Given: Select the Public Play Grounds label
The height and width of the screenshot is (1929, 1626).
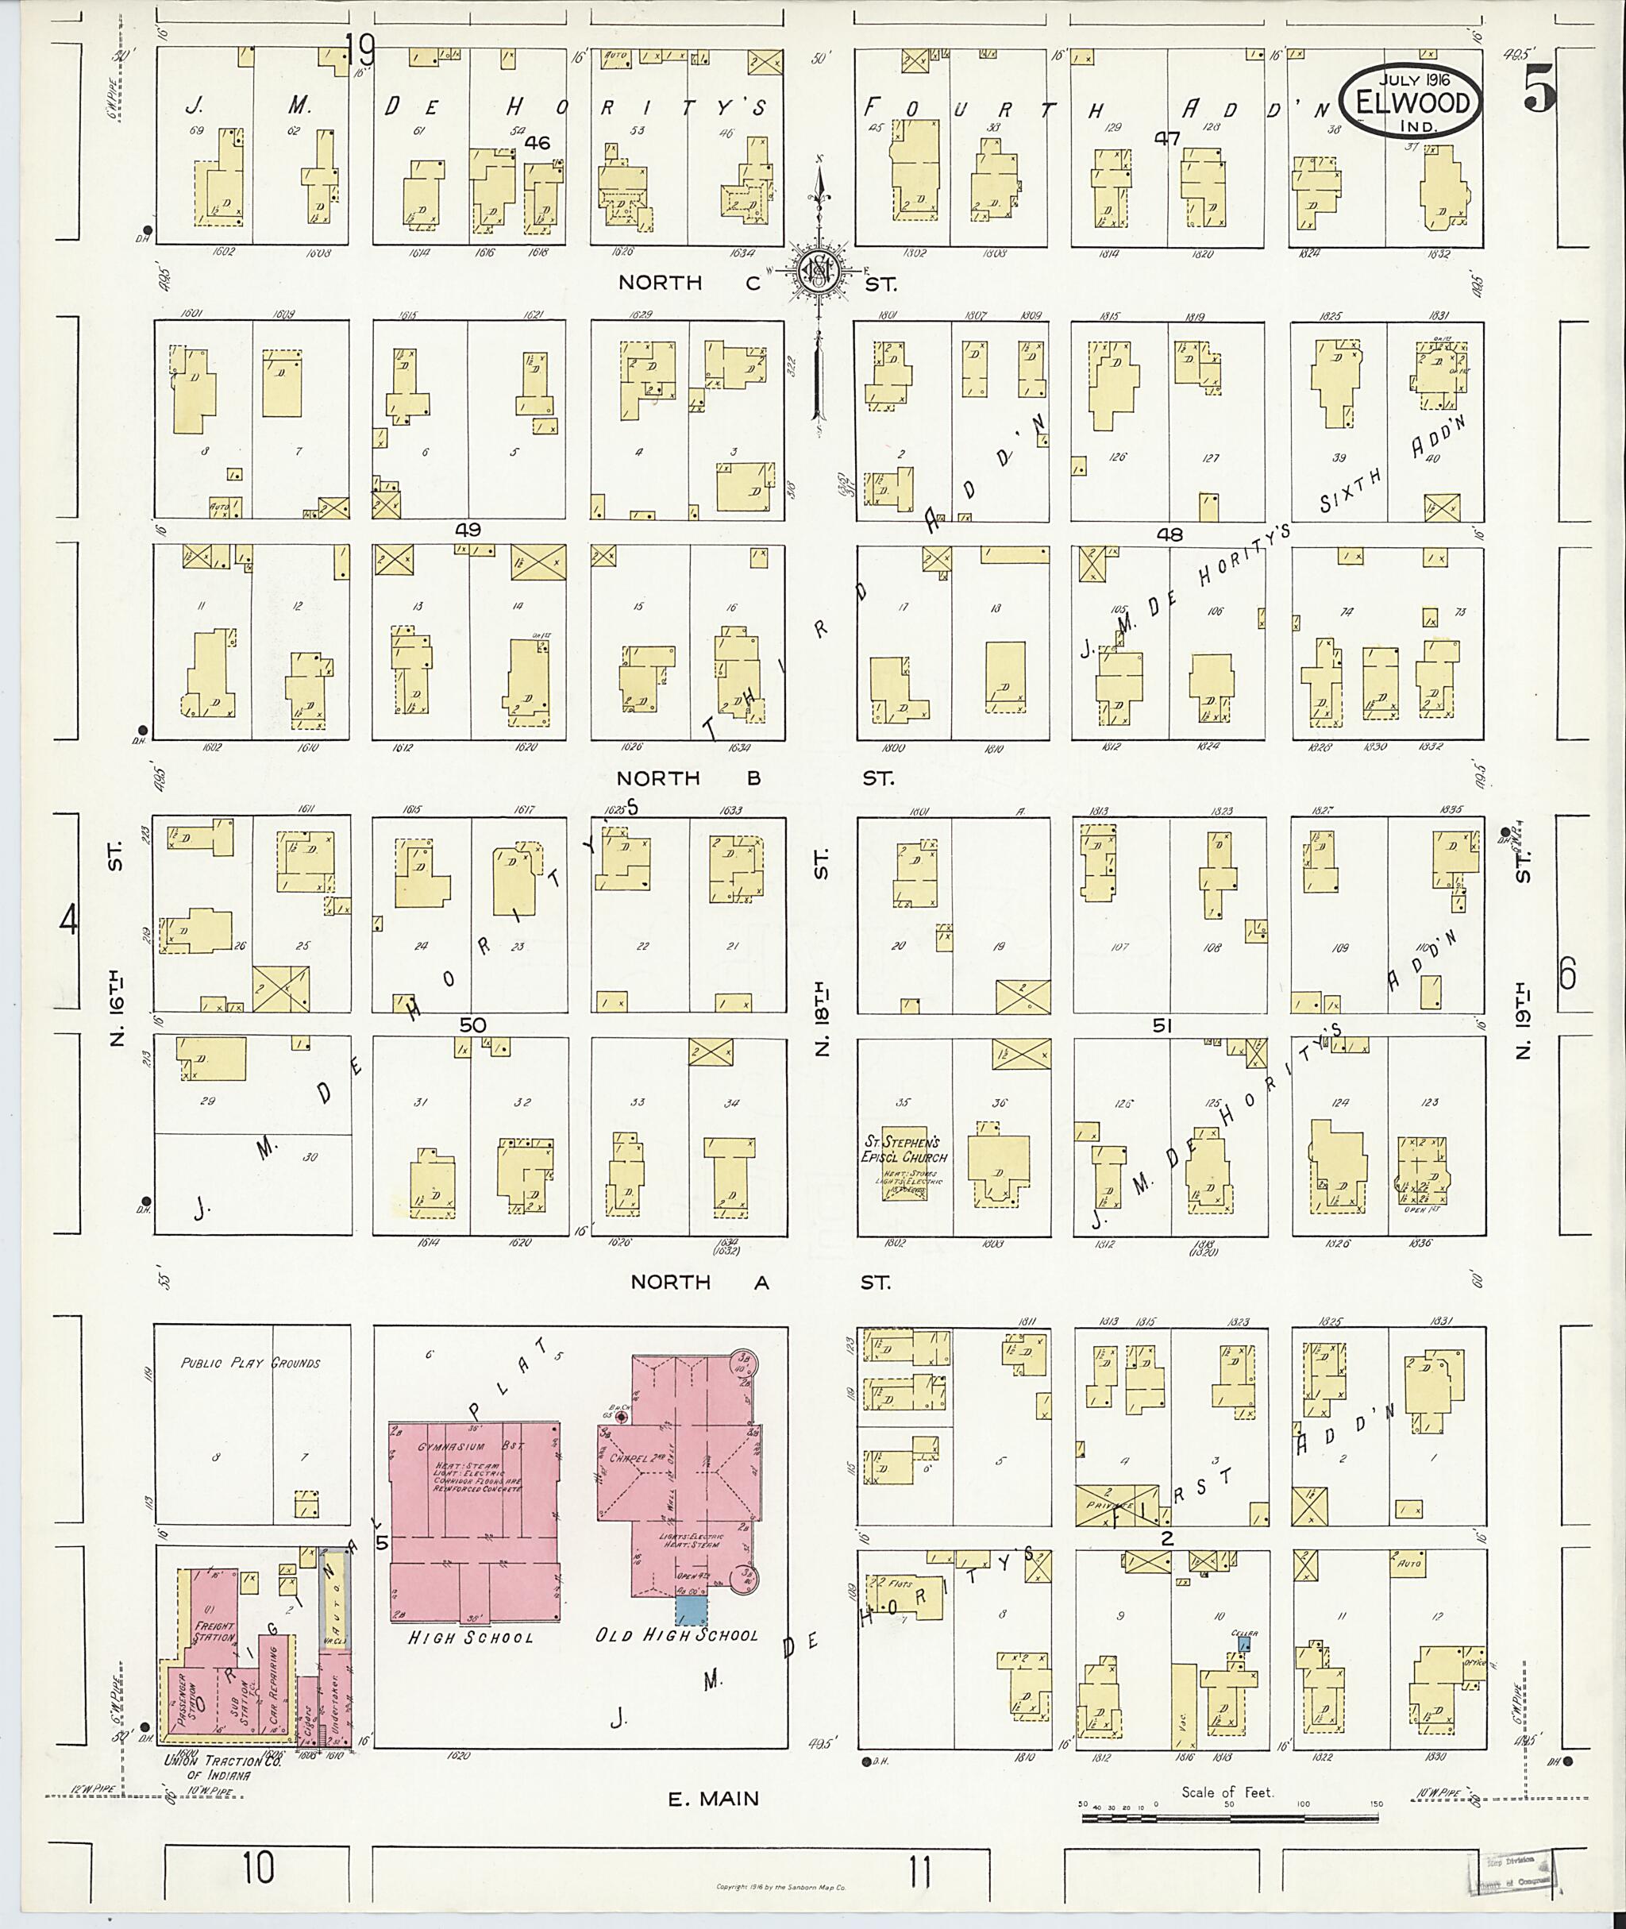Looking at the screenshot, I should click(x=251, y=1363).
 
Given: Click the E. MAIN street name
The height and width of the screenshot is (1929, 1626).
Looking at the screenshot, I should click(x=715, y=1797).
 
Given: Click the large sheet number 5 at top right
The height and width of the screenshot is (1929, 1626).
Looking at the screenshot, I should click(x=1538, y=92).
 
